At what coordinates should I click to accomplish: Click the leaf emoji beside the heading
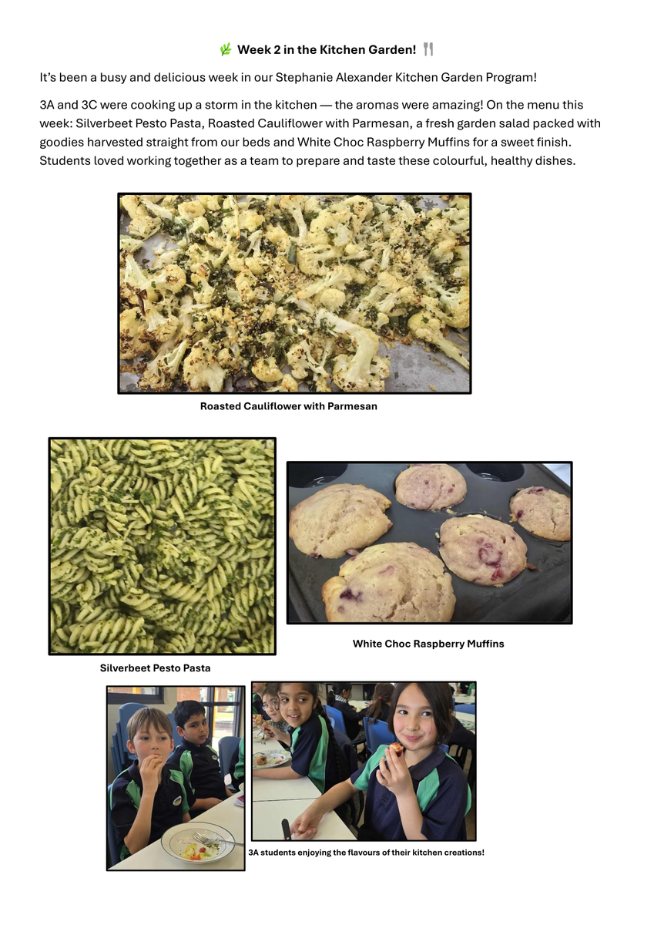[225, 49]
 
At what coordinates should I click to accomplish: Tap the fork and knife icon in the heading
[428, 49]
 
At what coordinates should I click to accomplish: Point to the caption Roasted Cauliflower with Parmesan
[288, 406]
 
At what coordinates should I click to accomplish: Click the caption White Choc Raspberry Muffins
[428, 644]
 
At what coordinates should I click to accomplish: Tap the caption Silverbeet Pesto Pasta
[155, 668]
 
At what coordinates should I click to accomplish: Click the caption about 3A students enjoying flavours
[366, 853]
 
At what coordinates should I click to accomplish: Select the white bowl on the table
[198, 843]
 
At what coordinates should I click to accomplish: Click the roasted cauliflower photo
[294, 293]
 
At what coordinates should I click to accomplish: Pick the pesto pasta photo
[163, 546]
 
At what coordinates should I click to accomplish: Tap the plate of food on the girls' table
[271, 758]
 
